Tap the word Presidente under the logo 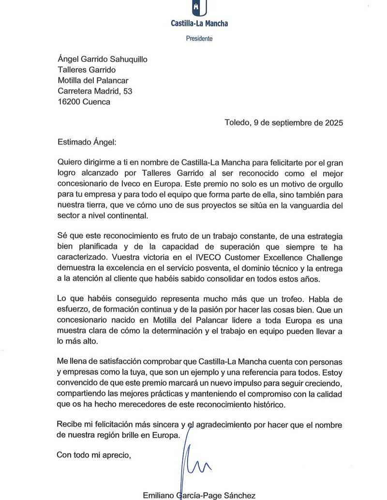click(199, 38)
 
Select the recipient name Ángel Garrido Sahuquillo click(102, 60)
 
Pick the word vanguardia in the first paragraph click(302, 206)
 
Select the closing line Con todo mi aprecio click(94, 455)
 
